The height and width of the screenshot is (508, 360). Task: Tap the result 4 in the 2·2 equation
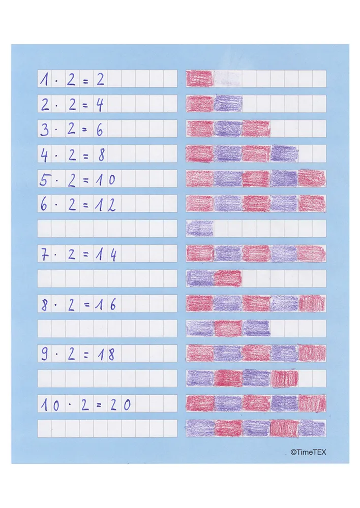[100, 104]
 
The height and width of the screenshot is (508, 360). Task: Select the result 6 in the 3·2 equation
[100, 129]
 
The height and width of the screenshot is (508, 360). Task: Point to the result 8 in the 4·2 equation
[101, 154]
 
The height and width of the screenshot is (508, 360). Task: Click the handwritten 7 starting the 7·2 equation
[45, 254]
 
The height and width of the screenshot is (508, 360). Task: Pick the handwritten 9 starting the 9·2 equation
[45, 354]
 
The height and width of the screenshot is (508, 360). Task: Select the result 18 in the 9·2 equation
[107, 354]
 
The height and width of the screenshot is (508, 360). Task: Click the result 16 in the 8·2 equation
[107, 304]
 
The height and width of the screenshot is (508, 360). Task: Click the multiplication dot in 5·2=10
[59, 179]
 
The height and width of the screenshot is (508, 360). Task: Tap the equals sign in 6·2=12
[86, 204]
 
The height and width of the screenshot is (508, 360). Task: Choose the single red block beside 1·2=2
[199, 78]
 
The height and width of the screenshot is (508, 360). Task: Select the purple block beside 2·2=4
[227, 104]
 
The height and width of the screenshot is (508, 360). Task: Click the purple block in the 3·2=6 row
[227, 129]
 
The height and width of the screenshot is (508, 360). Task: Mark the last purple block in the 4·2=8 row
[284, 153]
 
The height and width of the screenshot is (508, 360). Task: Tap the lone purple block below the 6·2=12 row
[200, 228]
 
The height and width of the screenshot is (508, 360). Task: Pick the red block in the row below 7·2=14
[227, 278]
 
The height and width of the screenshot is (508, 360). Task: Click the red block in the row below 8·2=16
[227, 328]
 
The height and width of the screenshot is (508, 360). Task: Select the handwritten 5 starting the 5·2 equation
[45, 179]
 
